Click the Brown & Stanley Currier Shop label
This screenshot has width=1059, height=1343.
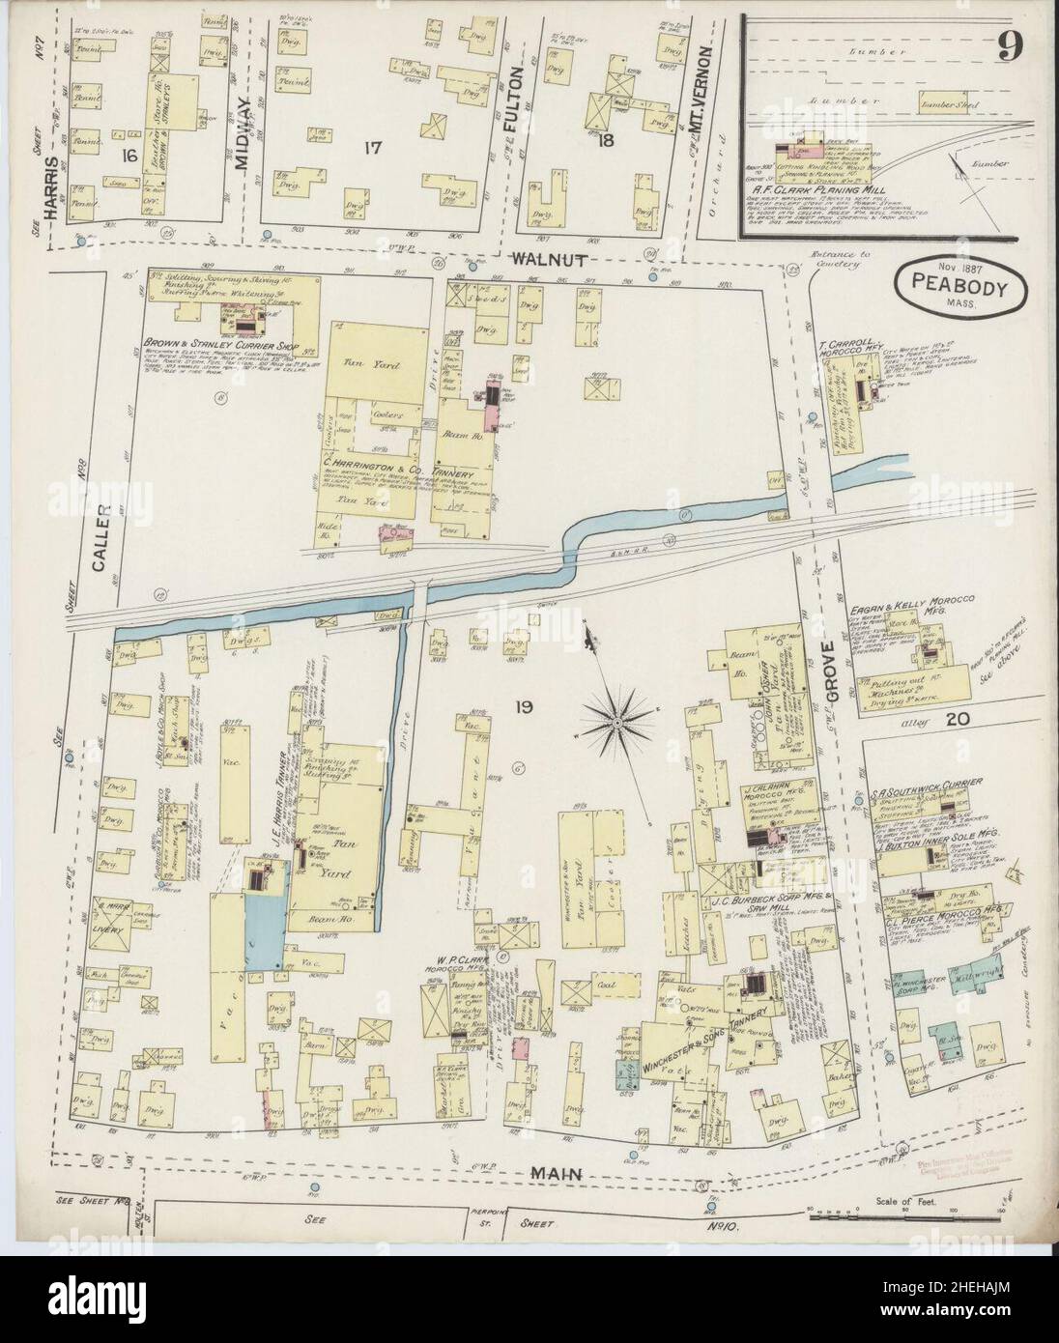(212, 342)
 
